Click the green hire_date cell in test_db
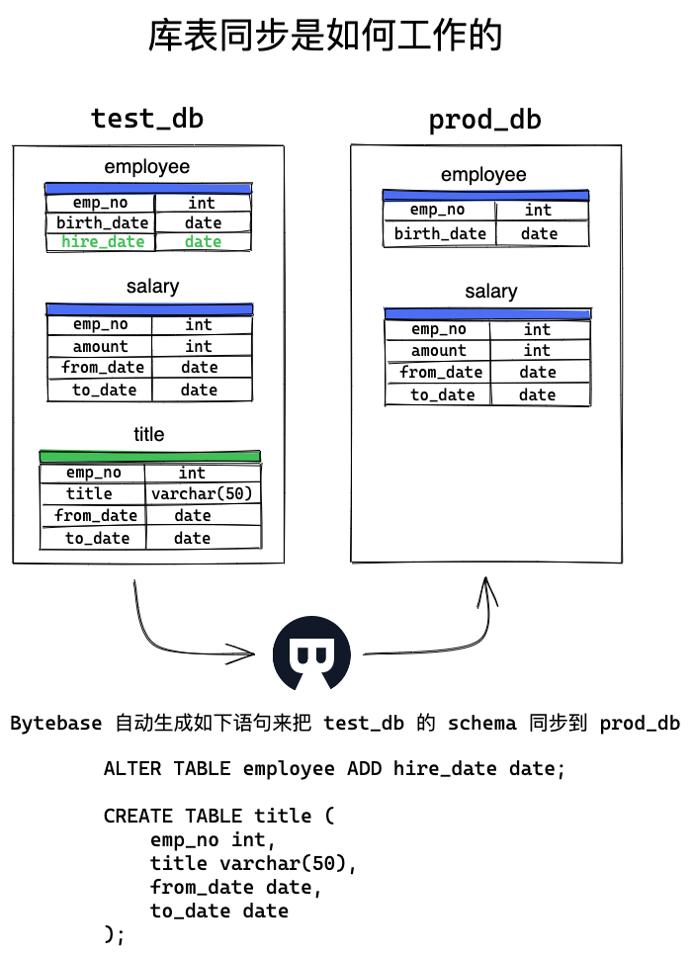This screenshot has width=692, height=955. (103, 242)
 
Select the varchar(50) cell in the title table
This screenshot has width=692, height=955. (202, 493)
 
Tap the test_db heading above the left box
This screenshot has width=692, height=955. (147, 119)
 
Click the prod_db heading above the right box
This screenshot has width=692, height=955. (484, 120)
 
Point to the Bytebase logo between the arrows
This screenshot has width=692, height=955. (311, 652)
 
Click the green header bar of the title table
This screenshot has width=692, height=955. (150, 456)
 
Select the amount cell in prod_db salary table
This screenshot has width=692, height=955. (439, 351)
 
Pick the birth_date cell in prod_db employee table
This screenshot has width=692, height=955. (440, 234)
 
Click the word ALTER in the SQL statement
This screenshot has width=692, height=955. (132, 768)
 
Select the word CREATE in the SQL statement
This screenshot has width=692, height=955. (137, 816)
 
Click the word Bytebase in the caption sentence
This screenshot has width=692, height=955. (56, 723)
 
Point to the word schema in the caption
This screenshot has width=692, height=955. (481, 723)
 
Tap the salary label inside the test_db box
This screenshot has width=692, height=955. (153, 287)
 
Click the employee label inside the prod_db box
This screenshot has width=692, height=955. (483, 175)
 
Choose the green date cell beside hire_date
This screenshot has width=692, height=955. (203, 242)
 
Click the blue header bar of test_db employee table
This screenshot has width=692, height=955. (148, 189)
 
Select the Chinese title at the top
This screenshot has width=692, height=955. (326, 36)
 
